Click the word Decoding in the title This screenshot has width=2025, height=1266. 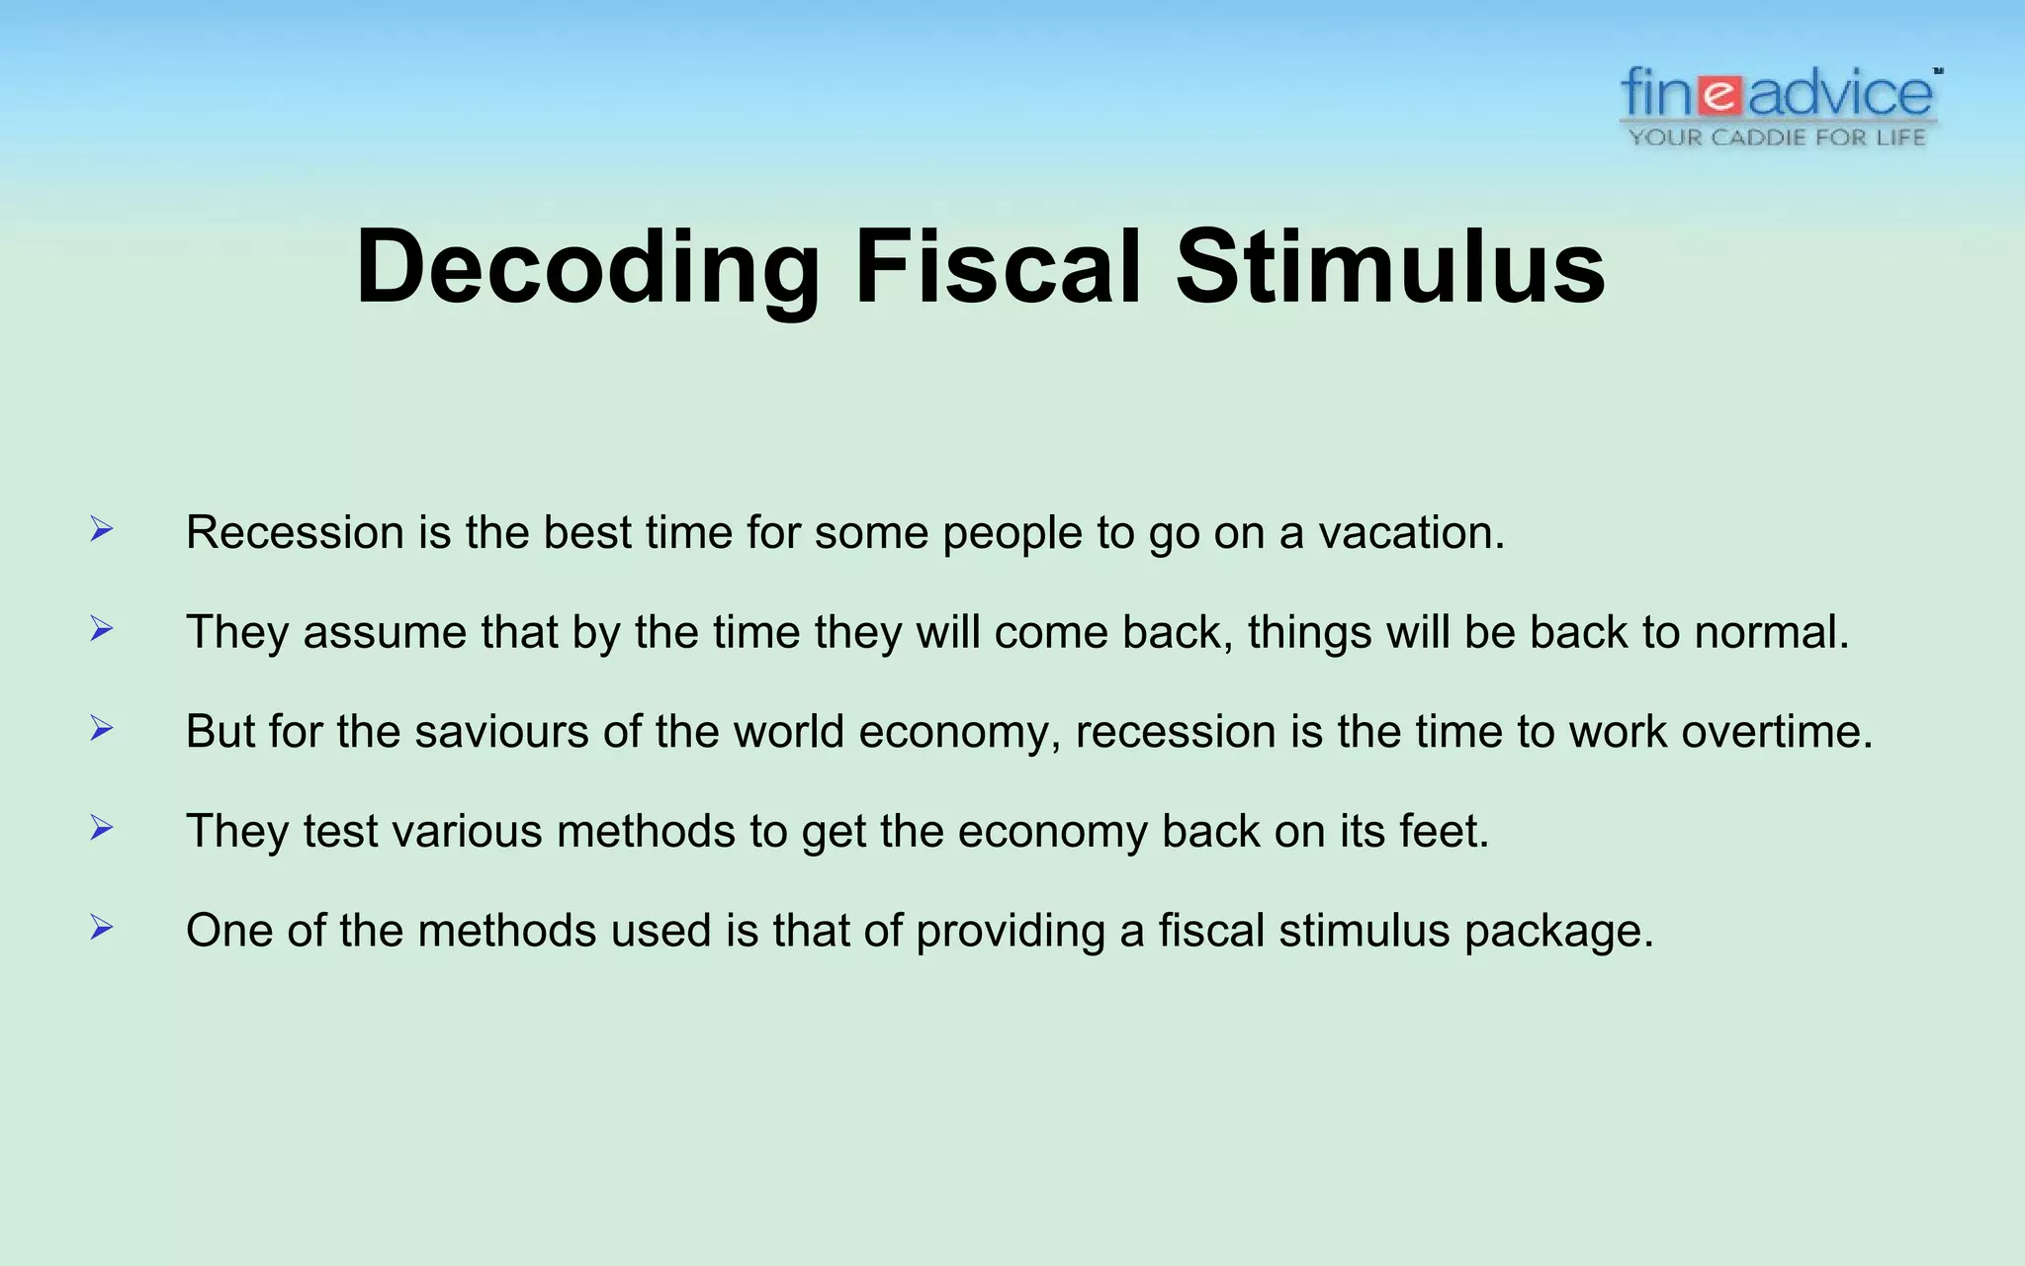click(587, 267)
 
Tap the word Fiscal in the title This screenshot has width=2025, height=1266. click(998, 267)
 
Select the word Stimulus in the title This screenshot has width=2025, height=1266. click(1390, 267)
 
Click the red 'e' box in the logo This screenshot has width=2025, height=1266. click(1721, 96)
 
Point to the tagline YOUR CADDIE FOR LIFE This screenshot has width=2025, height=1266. click(1777, 137)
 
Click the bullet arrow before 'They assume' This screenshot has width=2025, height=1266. click(101, 628)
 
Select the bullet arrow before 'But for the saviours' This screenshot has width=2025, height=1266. click(101, 728)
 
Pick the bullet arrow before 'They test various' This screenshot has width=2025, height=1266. click(101, 827)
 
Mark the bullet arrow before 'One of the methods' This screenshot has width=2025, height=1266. click(101, 927)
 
